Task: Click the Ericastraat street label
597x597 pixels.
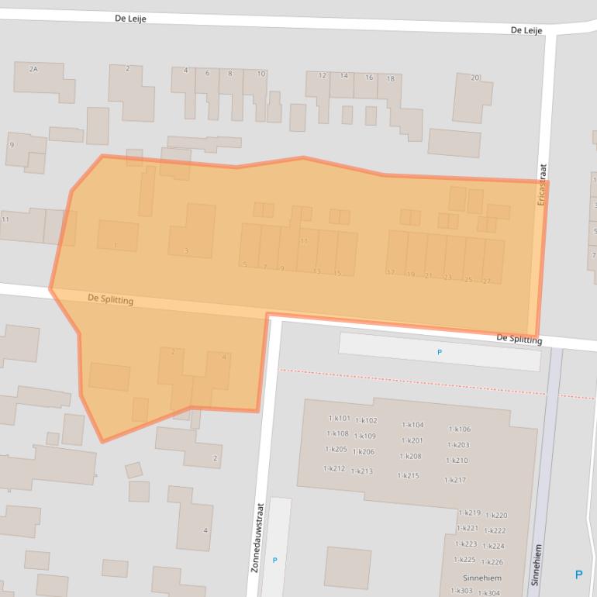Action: pyautogui.click(x=543, y=184)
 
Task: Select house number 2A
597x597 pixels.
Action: pyautogui.click(x=33, y=69)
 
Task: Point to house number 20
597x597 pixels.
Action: pyautogui.click(x=475, y=78)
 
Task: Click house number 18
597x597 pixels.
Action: pyautogui.click(x=390, y=78)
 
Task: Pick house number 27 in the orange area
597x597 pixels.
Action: pyautogui.click(x=486, y=281)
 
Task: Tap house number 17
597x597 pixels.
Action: pyautogui.click(x=390, y=273)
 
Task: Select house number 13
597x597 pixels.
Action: pyautogui.click(x=316, y=271)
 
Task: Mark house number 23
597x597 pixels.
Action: pyautogui.click(x=447, y=277)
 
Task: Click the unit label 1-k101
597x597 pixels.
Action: pyautogui.click(x=339, y=418)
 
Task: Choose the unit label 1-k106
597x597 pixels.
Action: pyautogui.click(x=459, y=429)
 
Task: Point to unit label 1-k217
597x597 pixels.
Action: pyautogui.click(x=454, y=480)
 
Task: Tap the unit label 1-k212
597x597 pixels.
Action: pyautogui.click(x=334, y=468)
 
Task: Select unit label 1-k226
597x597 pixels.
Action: pyautogui.click(x=492, y=562)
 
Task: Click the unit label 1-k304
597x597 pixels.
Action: pyautogui.click(x=488, y=593)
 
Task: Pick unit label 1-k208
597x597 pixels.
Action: pyautogui.click(x=410, y=456)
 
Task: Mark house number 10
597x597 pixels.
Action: pyautogui.click(x=261, y=74)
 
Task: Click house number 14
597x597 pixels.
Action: pyautogui.click(x=343, y=76)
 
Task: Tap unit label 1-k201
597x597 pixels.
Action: pyautogui.click(x=412, y=440)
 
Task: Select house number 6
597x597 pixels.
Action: pyautogui.click(x=207, y=73)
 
